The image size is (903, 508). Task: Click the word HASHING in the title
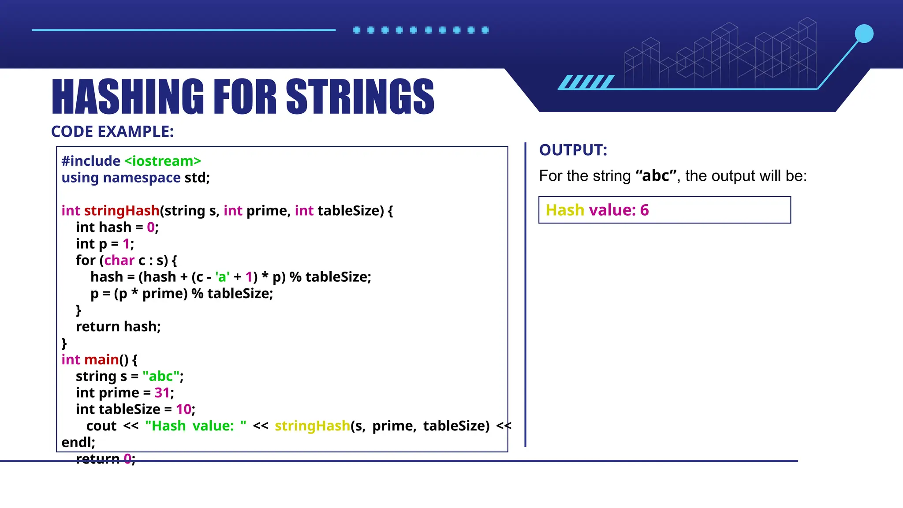pyautogui.click(x=128, y=96)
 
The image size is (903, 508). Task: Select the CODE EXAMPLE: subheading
pyautogui.click(x=112, y=131)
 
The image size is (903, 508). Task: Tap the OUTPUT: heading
pyautogui.click(x=573, y=150)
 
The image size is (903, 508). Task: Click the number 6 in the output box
pyautogui.click(x=644, y=210)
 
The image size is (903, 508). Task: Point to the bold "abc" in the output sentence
pyautogui.click(x=656, y=176)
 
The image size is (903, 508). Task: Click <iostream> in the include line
pyautogui.click(x=162, y=161)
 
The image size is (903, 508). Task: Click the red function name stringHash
pyautogui.click(x=122, y=211)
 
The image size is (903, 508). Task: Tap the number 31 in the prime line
pyautogui.click(x=162, y=393)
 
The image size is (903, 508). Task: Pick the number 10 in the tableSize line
pyautogui.click(x=183, y=409)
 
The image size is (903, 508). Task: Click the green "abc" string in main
pyautogui.click(x=160, y=376)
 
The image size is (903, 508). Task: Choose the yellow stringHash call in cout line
pyautogui.click(x=312, y=426)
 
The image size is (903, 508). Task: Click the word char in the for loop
pyautogui.click(x=119, y=260)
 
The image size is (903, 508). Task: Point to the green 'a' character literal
pyautogui.click(x=222, y=277)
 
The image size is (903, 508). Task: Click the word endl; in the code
pyautogui.click(x=78, y=442)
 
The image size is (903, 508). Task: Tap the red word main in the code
pyautogui.click(x=101, y=360)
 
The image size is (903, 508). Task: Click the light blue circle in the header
pyautogui.click(x=864, y=34)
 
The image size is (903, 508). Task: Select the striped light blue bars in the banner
pyautogui.click(x=586, y=82)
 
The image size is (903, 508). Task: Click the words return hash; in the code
pyautogui.click(x=118, y=327)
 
